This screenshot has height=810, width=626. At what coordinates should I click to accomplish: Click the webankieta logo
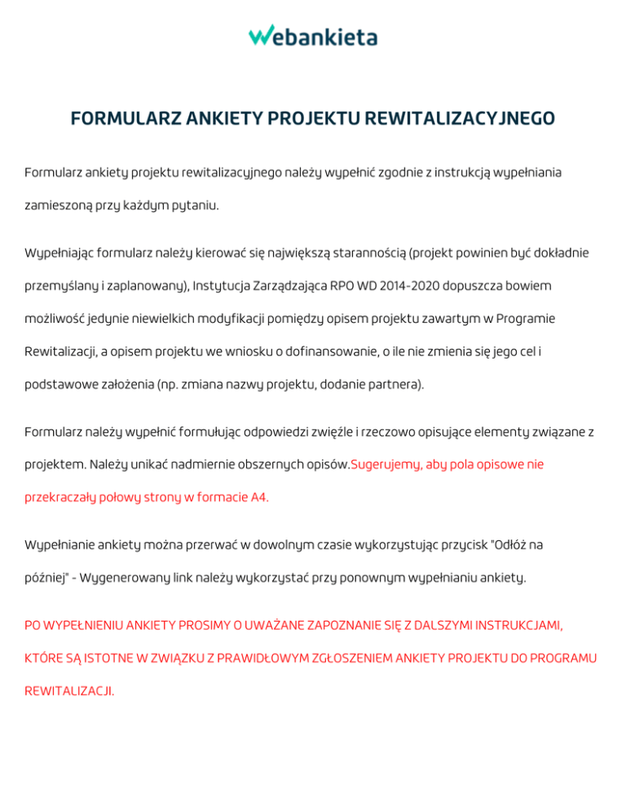313,36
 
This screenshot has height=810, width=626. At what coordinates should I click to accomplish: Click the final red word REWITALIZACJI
69,690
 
